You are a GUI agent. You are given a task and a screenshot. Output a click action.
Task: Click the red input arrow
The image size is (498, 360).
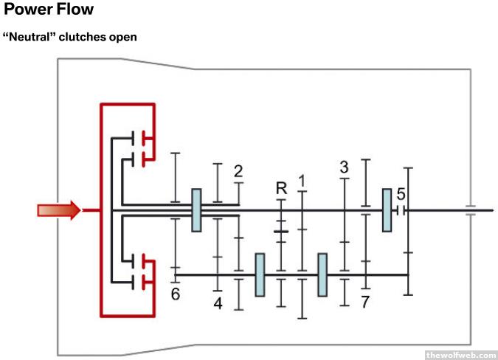58,211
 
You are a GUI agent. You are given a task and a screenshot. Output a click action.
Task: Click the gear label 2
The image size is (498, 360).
238,172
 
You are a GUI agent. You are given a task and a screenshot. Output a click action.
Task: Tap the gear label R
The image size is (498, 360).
281,189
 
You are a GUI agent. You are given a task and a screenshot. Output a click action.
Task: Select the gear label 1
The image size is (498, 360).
301,181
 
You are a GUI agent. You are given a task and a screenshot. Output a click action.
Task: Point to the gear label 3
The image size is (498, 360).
344,167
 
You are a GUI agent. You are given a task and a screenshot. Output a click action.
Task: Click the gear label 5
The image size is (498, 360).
401,195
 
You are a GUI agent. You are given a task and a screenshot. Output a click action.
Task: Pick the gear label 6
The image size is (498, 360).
176,294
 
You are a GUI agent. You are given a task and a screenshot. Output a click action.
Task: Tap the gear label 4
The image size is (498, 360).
218,302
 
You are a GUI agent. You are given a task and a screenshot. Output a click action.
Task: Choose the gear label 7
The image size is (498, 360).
365,302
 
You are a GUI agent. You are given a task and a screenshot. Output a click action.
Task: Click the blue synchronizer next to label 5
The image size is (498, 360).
387,210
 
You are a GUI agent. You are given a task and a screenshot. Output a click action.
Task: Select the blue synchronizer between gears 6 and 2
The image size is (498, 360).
196,210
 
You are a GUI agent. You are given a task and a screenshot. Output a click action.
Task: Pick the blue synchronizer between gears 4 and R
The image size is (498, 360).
260,274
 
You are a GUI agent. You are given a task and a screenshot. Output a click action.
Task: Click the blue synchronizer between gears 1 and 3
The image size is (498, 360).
322,274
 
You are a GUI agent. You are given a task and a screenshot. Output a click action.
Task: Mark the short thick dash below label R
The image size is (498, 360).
280,232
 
